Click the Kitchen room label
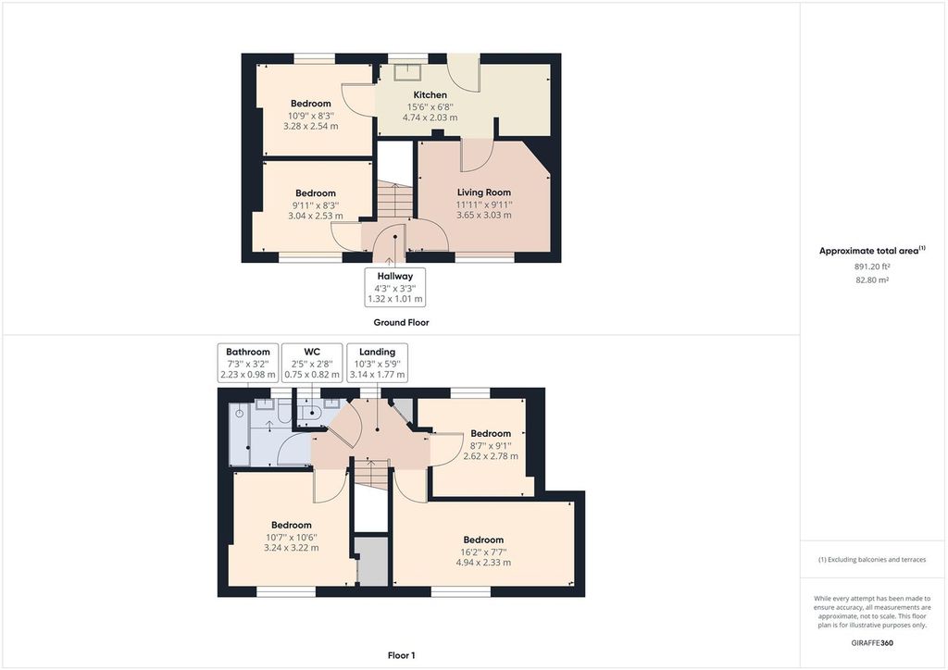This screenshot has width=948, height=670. (x=430, y=95)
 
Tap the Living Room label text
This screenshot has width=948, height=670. (x=483, y=192)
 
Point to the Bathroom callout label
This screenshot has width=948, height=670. (x=248, y=352)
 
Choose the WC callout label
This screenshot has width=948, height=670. (x=311, y=352)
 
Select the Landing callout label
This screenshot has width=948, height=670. (x=377, y=352)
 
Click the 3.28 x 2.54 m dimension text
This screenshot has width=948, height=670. (x=311, y=126)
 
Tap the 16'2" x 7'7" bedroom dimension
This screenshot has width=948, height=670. (x=483, y=552)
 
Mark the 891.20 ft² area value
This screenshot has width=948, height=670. (x=871, y=267)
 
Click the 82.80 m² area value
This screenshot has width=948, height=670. (x=871, y=279)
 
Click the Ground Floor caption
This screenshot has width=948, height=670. (x=401, y=323)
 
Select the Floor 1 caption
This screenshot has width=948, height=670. (x=401, y=655)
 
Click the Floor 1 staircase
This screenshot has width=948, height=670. (x=371, y=477)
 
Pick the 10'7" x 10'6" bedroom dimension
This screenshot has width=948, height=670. (x=293, y=536)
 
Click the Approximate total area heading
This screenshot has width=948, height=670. (x=871, y=251)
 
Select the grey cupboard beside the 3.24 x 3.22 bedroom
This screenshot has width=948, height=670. (x=373, y=562)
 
